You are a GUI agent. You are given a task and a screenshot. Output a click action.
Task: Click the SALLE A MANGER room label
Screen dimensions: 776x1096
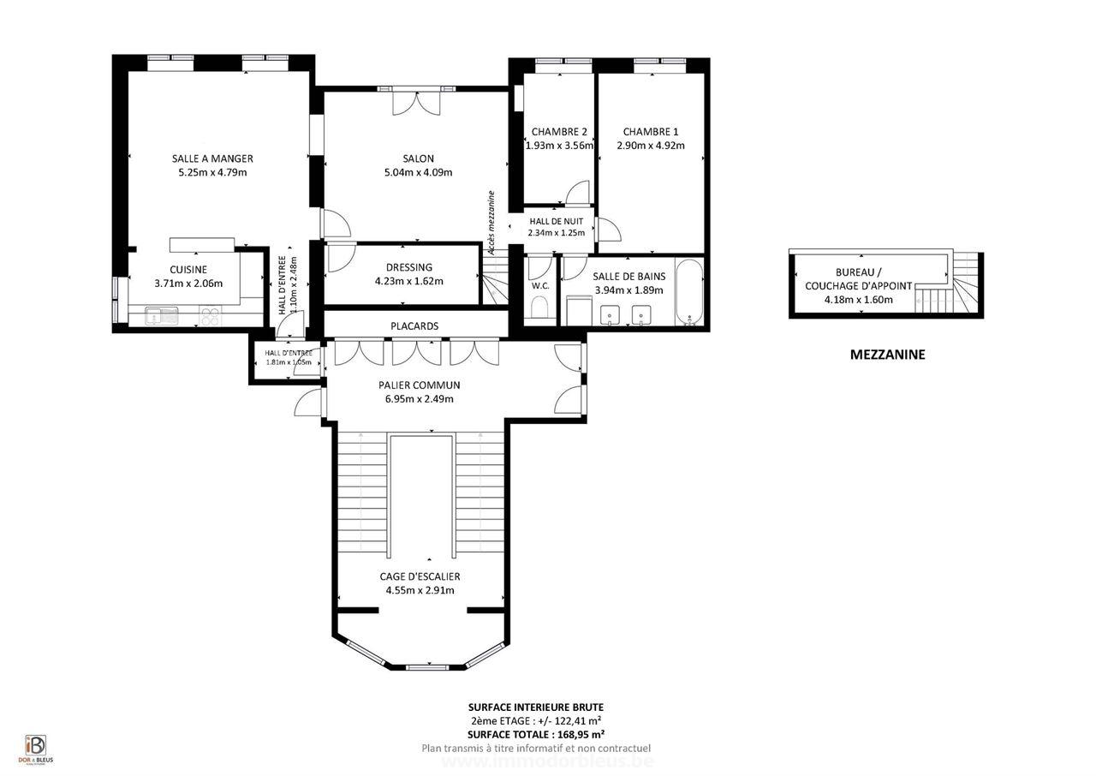tap(212, 158)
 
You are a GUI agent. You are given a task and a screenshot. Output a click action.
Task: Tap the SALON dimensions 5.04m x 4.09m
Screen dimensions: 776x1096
tap(418, 172)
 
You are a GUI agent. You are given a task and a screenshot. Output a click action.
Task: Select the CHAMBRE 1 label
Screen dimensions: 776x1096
tap(650, 132)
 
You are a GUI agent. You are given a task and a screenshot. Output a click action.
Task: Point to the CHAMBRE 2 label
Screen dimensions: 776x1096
tap(559, 132)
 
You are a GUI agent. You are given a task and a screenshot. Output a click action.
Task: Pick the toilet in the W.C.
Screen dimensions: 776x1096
tap(540, 307)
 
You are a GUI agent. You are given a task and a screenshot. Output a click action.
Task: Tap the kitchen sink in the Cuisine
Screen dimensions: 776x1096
tap(160, 315)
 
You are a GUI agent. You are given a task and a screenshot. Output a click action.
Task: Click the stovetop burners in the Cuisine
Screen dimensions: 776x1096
tap(210, 316)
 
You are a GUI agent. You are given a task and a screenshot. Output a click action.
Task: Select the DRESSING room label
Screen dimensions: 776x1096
tap(408, 267)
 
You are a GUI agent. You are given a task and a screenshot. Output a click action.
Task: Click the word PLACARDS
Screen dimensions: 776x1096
tap(414, 326)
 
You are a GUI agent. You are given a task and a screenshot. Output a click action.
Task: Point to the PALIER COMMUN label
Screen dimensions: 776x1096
tap(419, 385)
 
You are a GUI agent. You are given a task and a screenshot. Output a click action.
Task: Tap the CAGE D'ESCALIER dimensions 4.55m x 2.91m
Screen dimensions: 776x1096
tap(420, 590)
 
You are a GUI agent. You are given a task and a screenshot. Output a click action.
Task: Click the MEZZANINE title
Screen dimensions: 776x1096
tap(887, 355)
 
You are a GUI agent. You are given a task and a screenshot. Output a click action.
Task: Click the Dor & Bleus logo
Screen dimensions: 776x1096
tap(35, 748)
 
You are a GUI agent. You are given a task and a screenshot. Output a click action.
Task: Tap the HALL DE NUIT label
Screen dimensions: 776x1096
tap(556, 221)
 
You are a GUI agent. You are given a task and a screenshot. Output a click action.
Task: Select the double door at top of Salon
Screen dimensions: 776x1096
tap(417, 101)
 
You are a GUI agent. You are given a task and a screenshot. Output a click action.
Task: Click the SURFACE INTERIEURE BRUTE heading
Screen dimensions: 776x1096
tap(535, 707)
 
